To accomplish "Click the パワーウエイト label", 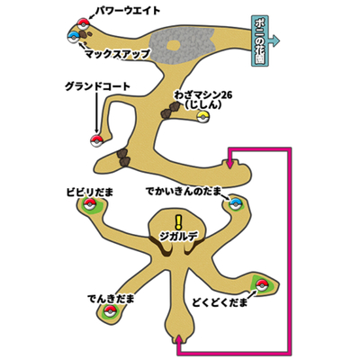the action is (128, 11).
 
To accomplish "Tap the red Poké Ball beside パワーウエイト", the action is (83, 23).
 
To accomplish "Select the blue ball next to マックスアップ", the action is (74, 37).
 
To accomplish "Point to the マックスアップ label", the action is (117, 54).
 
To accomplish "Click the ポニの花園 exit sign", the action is (260, 40).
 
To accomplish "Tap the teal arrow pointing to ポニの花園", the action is (274, 40).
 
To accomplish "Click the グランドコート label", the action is (98, 87).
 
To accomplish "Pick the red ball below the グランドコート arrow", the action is (96, 140).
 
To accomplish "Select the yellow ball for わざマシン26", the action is (203, 116).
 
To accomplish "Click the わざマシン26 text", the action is (203, 96).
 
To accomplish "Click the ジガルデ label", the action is (179, 238).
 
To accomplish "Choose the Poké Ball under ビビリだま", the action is (90, 205).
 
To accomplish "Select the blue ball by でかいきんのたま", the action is (236, 204).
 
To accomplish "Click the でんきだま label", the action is (111, 299).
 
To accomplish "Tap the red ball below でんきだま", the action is (110, 311).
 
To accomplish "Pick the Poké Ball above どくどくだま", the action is (261, 285).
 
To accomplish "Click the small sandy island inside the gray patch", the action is (173, 45).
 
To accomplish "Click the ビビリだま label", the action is (90, 193).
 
